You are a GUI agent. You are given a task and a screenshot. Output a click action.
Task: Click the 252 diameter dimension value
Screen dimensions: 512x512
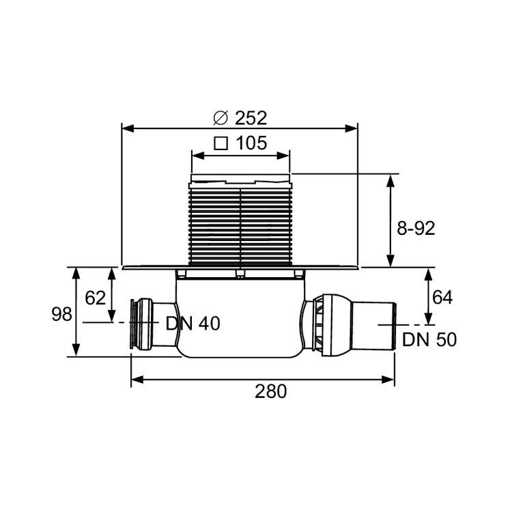tap(251, 117)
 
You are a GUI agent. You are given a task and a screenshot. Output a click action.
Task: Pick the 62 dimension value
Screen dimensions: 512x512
tap(96, 298)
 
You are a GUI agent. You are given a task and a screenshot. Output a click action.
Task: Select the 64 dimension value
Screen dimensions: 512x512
tap(442, 297)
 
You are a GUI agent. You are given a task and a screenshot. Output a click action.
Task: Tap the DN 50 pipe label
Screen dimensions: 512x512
tap(429, 339)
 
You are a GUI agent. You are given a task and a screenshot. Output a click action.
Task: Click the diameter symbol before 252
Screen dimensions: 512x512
tap(220, 117)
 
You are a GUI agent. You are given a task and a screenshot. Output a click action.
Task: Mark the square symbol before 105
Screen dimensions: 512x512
tap(221, 143)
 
